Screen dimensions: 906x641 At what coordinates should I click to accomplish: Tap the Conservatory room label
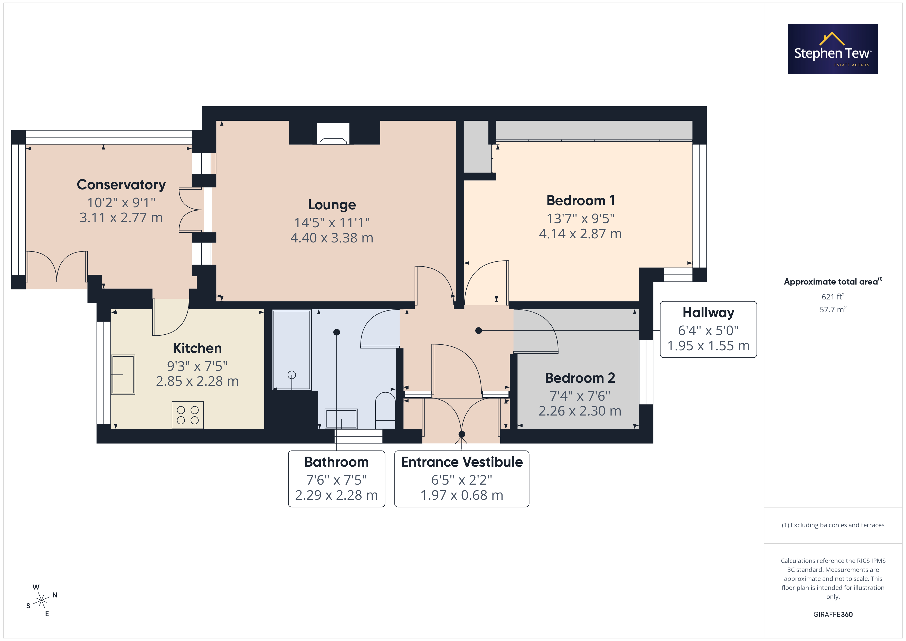[121, 185]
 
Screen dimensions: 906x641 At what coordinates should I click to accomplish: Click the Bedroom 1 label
[580, 201]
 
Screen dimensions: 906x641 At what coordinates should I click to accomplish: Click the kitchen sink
[123, 375]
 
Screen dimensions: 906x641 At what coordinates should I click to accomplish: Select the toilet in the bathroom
[385, 410]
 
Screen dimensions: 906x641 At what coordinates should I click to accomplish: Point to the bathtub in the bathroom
[292, 350]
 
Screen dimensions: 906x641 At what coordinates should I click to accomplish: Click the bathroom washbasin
[341, 418]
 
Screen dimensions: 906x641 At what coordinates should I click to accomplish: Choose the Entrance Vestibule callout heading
[462, 462]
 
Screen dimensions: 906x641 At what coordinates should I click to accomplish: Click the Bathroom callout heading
[337, 462]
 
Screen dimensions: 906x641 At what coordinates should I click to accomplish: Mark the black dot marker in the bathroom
[337, 332]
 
